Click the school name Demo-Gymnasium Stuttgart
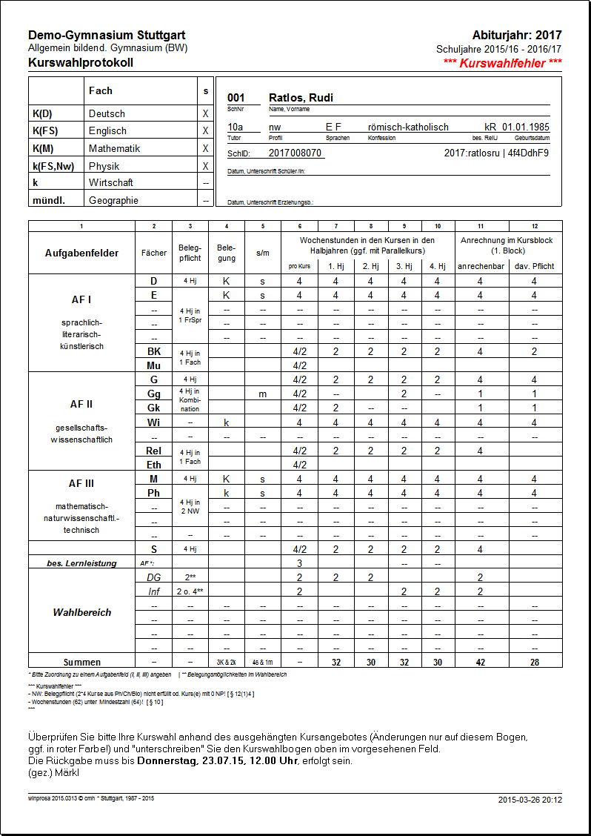click(x=107, y=36)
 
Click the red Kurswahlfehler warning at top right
click(x=502, y=63)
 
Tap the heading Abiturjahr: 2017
click(x=516, y=36)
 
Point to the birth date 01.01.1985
click(x=526, y=127)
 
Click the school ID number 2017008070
click(x=295, y=153)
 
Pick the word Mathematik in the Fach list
click(x=114, y=148)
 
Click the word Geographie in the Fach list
click(x=113, y=200)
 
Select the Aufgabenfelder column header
click(x=81, y=253)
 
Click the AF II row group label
click(x=81, y=405)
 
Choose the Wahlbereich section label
click(x=81, y=612)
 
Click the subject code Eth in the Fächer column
click(x=153, y=465)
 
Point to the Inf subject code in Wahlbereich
click(x=153, y=591)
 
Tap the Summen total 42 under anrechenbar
click(x=480, y=662)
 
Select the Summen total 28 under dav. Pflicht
click(x=534, y=662)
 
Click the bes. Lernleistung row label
click(x=81, y=563)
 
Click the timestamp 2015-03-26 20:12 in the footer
click(x=530, y=800)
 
